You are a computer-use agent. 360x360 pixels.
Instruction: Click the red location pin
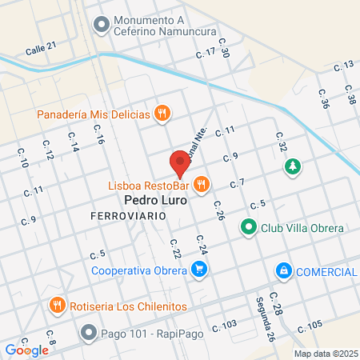[x=180, y=165]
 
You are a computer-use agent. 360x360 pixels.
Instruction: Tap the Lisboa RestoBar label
[x=149, y=186]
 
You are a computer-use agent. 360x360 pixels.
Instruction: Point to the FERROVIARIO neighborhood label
[x=126, y=218]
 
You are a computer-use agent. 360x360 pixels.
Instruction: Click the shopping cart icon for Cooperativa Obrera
[x=199, y=270]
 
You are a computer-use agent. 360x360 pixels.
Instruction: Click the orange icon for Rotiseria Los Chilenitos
[x=57, y=306]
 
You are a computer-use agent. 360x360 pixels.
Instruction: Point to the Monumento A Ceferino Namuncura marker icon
[x=101, y=26]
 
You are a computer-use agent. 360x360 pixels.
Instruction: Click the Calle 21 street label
[x=41, y=48]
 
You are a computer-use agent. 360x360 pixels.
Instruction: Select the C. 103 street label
[x=225, y=325]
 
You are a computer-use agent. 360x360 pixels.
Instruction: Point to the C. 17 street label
[x=206, y=53]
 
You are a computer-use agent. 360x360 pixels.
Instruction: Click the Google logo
[x=26, y=350]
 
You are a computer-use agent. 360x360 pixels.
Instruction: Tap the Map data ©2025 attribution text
[x=325, y=353]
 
